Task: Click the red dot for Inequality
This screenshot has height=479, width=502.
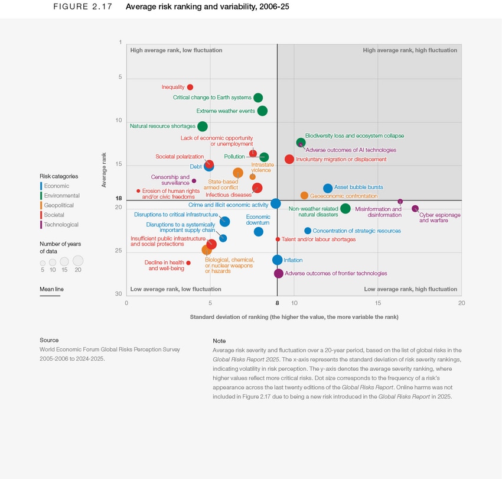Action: [x=190, y=88]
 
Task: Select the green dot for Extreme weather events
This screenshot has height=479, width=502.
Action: [x=262, y=111]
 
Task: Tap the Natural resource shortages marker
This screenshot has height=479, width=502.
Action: [x=203, y=126]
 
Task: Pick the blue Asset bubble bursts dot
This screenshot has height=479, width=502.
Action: [x=328, y=188]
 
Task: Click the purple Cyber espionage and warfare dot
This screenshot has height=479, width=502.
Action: [x=415, y=209]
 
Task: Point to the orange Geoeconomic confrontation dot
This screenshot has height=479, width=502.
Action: [x=304, y=196]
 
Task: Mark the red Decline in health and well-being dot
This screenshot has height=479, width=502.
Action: [x=188, y=263]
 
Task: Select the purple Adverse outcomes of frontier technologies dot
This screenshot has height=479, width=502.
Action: [x=279, y=273]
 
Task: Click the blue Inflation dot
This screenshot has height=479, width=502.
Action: [x=278, y=260]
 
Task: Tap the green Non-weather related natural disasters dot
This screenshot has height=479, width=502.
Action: [x=345, y=208]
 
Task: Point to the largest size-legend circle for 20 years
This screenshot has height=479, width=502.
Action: [x=78, y=260]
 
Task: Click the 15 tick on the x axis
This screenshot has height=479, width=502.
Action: [x=378, y=303]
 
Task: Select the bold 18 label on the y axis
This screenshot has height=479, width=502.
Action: [x=119, y=199]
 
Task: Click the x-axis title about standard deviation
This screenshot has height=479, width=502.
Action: [x=294, y=317]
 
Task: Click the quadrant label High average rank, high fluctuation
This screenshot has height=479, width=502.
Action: [x=409, y=51]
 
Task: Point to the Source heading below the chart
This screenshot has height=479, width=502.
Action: [x=49, y=340]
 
